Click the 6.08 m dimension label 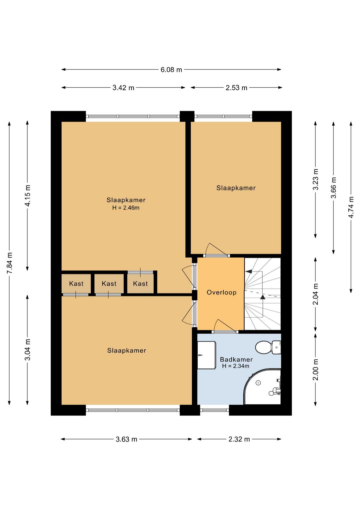pyautogui.click(x=171, y=70)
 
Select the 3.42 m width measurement pyautogui.click(x=123, y=88)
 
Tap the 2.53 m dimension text pyautogui.click(x=236, y=88)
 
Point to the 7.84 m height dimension pyautogui.click(x=10, y=263)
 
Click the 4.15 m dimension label pyautogui.click(x=28, y=196)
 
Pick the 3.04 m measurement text pyautogui.click(x=28, y=350)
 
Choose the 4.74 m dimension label pyautogui.click(x=351, y=207)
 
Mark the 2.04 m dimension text pyautogui.click(x=316, y=294)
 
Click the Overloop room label pyautogui.click(x=221, y=293)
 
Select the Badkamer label pyautogui.click(x=236, y=360)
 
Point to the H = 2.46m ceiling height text pyautogui.click(x=126, y=208)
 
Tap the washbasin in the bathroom pyautogui.click(x=206, y=355)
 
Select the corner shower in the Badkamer pyautogui.click(x=263, y=387)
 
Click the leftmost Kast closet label pyautogui.click(x=76, y=284)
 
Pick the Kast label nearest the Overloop pyautogui.click(x=140, y=284)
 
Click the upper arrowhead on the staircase pyautogui.click(x=249, y=271)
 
